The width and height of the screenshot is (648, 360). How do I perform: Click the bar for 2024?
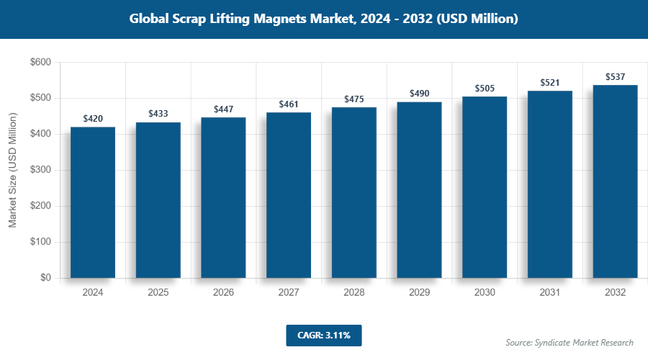pos(93,202)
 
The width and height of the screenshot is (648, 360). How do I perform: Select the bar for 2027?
pos(289,195)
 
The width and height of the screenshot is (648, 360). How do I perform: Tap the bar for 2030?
pos(485,187)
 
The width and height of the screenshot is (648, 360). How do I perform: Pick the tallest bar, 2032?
pos(615,181)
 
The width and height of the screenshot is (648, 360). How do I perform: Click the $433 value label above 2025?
pos(158,114)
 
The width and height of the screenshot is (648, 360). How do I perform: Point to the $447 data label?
pos(224,109)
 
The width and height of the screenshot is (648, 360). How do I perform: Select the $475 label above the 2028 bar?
pos(354,99)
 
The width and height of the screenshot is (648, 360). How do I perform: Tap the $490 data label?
pos(420,94)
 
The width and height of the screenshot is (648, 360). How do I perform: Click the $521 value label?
pos(550,83)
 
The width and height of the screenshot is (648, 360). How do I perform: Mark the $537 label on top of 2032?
pos(615,76)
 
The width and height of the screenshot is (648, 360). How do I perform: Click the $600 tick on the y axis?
pos(40,63)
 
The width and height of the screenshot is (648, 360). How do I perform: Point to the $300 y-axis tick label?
pos(40,171)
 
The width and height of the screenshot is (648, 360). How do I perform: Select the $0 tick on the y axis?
pos(45,278)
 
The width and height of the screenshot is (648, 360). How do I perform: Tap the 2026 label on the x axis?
pos(223,293)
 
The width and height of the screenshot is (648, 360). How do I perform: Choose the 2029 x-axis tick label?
pos(419,293)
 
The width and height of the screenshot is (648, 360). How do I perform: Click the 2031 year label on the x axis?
pos(550,293)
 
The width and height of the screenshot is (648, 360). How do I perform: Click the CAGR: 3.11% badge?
pos(323,335)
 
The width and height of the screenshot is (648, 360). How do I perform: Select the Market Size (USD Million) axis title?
pos(12,171)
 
